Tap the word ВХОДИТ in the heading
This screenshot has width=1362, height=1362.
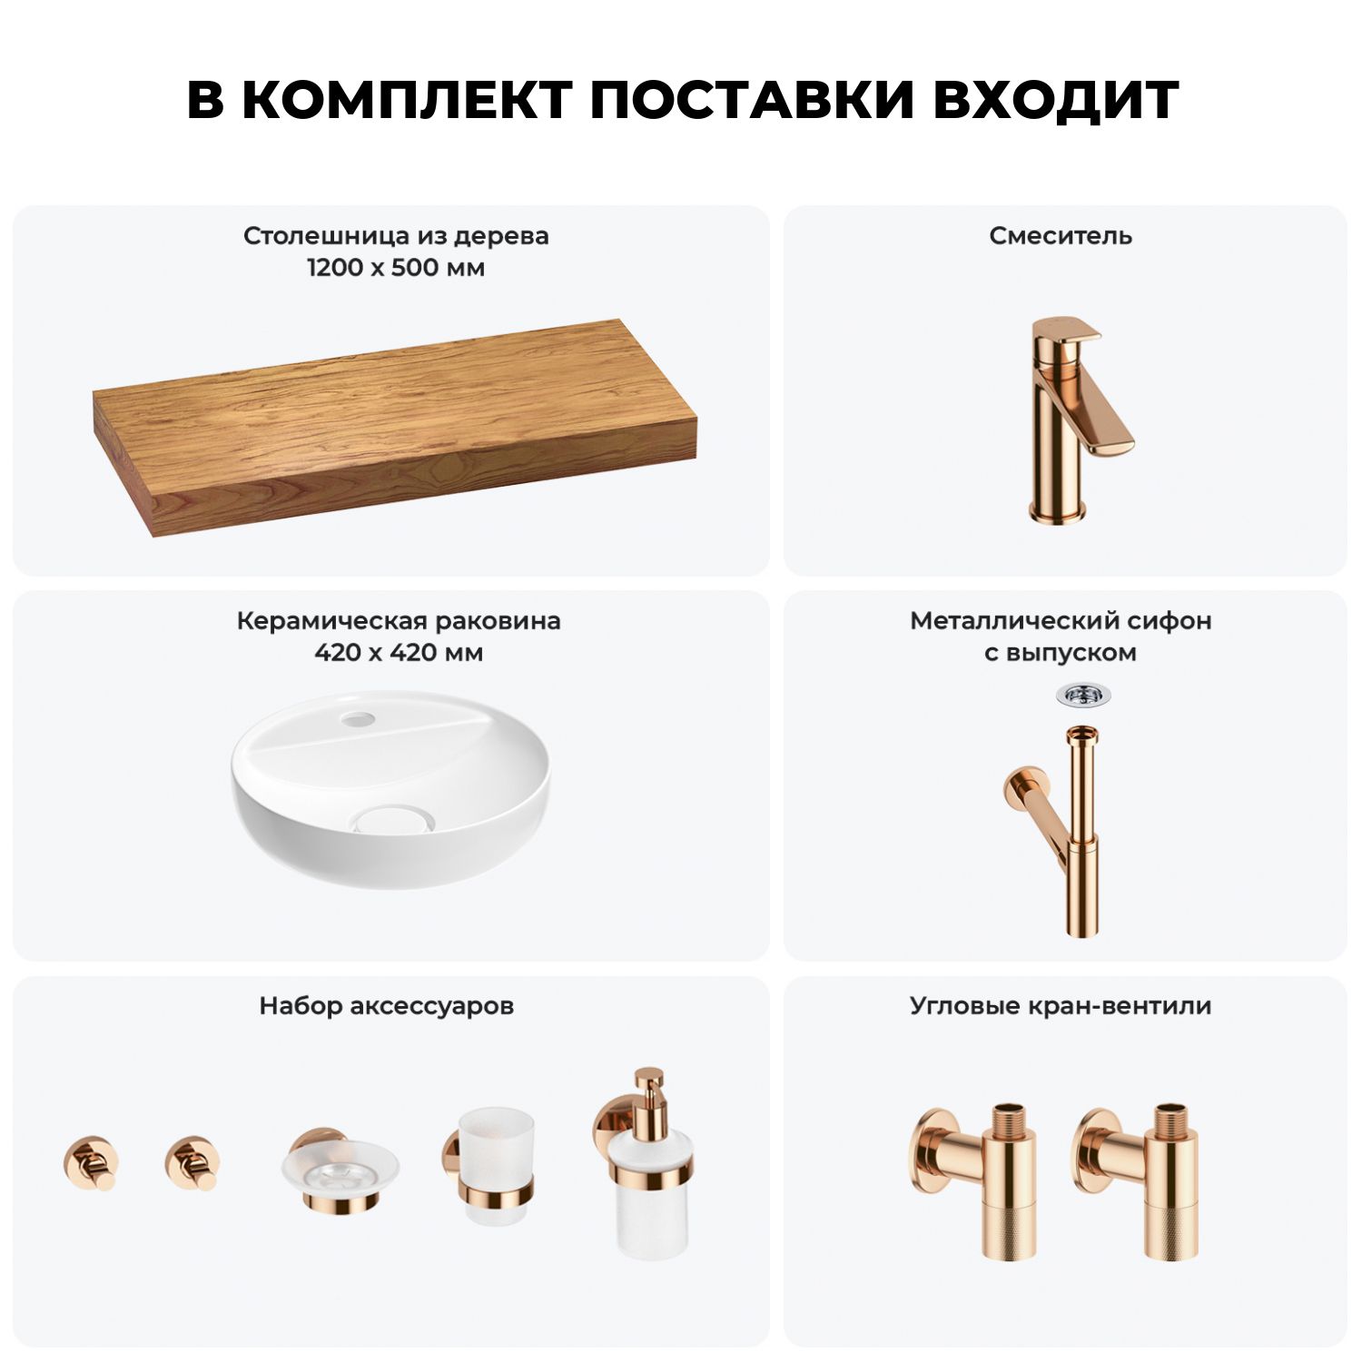point(1056,100)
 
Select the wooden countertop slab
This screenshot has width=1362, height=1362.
point(395,427)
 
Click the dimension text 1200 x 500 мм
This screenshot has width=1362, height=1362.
point(396,268)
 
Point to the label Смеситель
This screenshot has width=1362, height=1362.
point(1061,236)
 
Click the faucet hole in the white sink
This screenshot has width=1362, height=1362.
point(358,720)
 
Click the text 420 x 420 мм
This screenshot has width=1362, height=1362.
point(399,653)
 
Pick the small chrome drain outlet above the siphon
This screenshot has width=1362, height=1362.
point(1083,696)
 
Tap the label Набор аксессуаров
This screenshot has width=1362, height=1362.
point(387,1006)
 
